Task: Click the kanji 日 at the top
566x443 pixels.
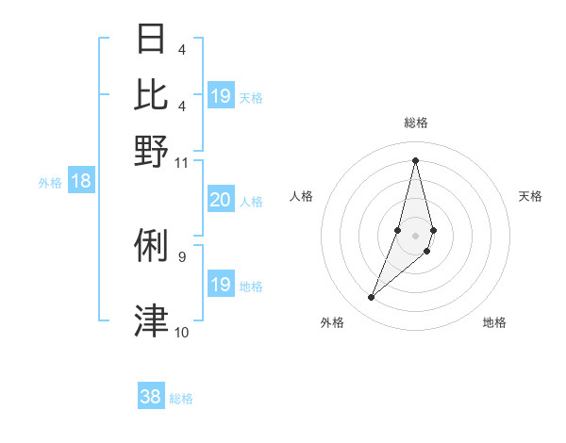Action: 152,39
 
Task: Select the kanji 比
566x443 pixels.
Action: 152,94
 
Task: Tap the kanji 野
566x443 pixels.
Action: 152,150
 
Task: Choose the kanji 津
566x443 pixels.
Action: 152,320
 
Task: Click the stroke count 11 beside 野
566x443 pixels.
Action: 182,162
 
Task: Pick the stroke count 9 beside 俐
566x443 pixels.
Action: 182,255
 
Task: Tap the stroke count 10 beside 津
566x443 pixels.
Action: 182,332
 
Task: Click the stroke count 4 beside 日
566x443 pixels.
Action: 182,50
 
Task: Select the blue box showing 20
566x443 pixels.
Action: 220,200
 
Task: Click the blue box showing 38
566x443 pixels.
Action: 150,397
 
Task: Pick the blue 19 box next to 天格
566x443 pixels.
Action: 220,96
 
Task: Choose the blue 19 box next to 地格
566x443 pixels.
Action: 220,285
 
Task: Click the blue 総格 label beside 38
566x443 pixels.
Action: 181,399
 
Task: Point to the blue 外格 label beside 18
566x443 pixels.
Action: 50,183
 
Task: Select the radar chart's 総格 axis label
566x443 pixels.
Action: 415,123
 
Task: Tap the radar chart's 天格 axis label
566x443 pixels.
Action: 531,196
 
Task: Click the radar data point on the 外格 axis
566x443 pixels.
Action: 372,298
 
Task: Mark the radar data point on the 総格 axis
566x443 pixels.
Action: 415,159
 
